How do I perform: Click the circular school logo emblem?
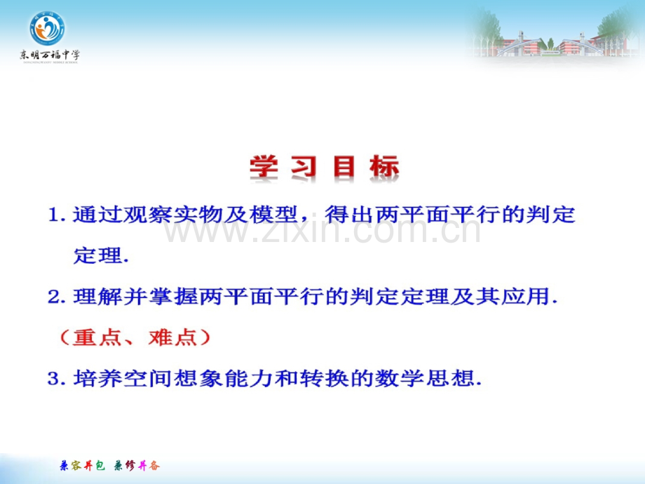[47, 28]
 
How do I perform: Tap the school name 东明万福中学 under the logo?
[50, 55]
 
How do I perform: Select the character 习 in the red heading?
[304, 167]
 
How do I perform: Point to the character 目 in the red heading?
[344, 167]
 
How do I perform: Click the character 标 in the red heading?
[384, 167]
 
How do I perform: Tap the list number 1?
[57, 215]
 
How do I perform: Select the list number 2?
[57, 297]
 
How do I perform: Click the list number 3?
[57, 379]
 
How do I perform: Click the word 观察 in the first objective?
[148, 215]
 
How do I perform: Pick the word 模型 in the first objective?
[273, 215]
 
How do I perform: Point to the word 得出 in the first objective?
[349, 215]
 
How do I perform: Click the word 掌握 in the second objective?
[173, 297]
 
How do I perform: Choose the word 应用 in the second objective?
[525, 297]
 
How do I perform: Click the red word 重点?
[97, 338]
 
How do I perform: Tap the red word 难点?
[172, 338]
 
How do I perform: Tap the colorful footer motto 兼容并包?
[82, 466]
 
